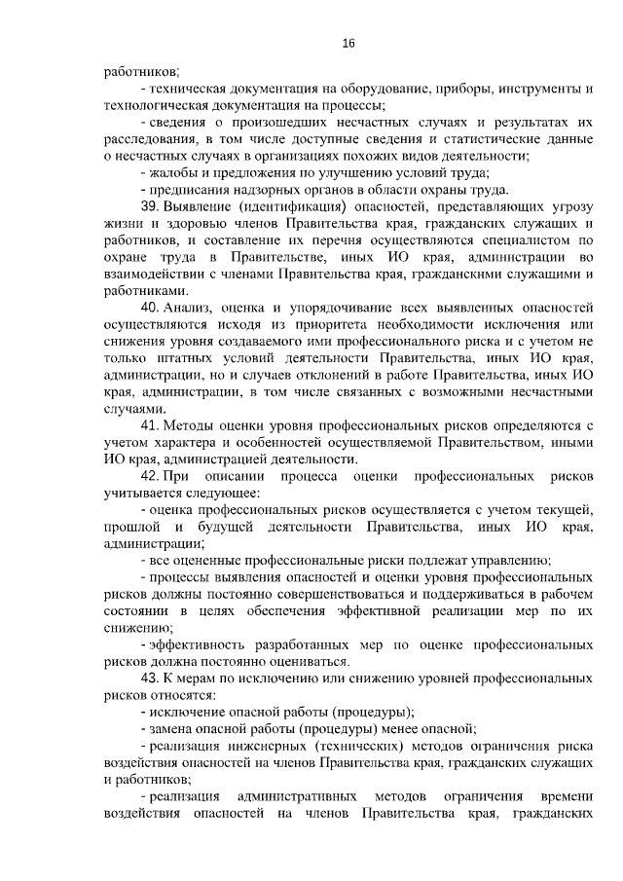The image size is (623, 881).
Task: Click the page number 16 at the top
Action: click(348, 43)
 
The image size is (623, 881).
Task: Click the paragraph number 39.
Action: click(149, 207)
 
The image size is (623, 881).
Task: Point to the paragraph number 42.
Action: click(149, 478)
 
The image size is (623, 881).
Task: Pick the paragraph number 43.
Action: click(149, 678)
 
